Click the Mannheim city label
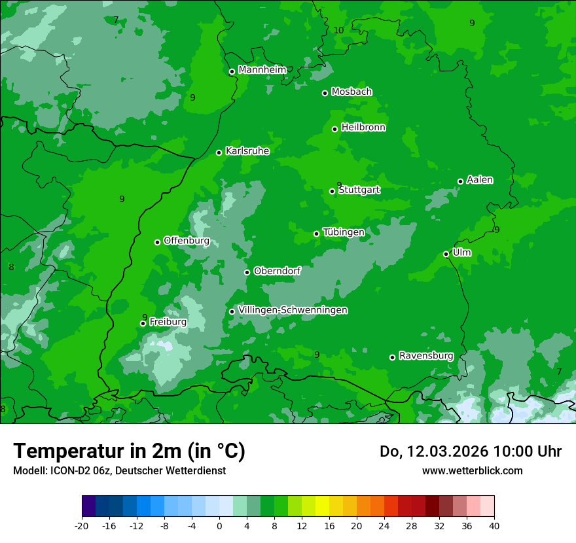tap(262, 69)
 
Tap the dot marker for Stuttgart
tap(332, 191)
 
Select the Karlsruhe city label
tap(247, 151)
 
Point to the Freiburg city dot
tap(143, 323)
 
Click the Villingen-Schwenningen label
tap(293, 310)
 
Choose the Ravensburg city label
tap(426, 356)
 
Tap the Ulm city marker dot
tap(446, 254)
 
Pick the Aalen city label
tap(480, 180)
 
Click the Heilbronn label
tap(363, 128)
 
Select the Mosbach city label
tap(351, 92)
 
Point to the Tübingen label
tap(344, 232)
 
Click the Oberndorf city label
tap(277, 271)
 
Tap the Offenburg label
tap(187, 241)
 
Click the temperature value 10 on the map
tap(338, 30)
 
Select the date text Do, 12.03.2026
tap(435, 451)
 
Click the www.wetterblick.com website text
tap(472, 470)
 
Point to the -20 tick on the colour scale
tap(82, 525)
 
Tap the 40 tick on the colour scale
tap(494, 525)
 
